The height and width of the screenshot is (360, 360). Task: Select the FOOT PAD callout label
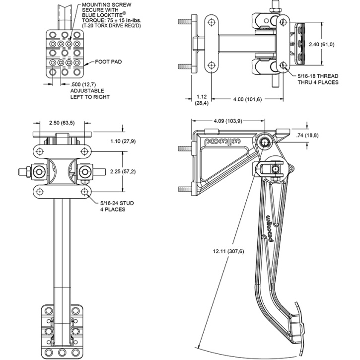tap(108, 62)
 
